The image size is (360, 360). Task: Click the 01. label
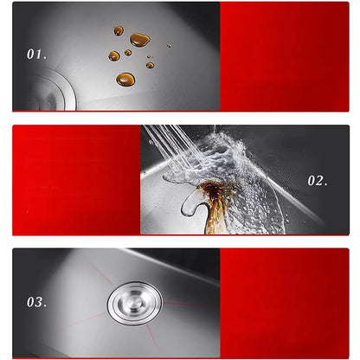tap(36, 55)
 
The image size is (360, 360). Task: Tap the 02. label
tap(318, 181)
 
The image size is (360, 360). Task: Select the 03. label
tap(36, 302)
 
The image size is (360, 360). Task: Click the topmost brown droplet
tap(119, 30)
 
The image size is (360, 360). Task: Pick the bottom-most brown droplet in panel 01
tap(125, 79)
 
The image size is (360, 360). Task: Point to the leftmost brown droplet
tap(114, 56)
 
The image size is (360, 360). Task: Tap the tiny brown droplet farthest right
tap(169, 46)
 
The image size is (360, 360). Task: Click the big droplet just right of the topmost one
tap(140, 40)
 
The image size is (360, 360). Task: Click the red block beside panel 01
tap(285, 56)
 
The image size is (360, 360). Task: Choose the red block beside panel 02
tap(76, 180)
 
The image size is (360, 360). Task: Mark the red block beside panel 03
tap(285, 303)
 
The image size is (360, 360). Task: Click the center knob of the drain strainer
tap(134, 303)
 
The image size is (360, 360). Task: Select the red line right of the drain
tap(191, 305)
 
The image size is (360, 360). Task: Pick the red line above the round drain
tap(101, 273)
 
